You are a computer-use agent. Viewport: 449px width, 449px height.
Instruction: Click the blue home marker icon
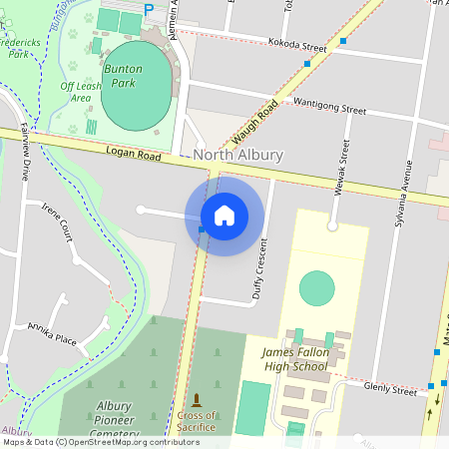click(224, 215)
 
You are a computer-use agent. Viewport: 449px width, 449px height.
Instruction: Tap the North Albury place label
click(238, 155)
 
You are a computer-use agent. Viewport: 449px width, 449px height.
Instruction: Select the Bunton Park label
click(123, 76)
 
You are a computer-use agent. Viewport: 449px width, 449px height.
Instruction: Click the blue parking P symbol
click(149, 9)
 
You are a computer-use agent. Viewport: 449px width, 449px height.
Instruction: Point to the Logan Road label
click(133, 154)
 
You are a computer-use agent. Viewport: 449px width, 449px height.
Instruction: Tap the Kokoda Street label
click(297, 44)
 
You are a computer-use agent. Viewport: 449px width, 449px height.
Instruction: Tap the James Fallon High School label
click(294, 359)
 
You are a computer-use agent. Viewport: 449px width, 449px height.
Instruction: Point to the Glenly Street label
click(389, 389)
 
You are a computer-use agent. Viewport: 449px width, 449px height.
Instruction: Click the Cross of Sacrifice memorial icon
click(196, 400)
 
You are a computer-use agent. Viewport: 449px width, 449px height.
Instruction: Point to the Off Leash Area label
click(81, 92)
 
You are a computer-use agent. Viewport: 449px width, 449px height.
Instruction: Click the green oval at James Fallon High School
click(317, 288)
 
